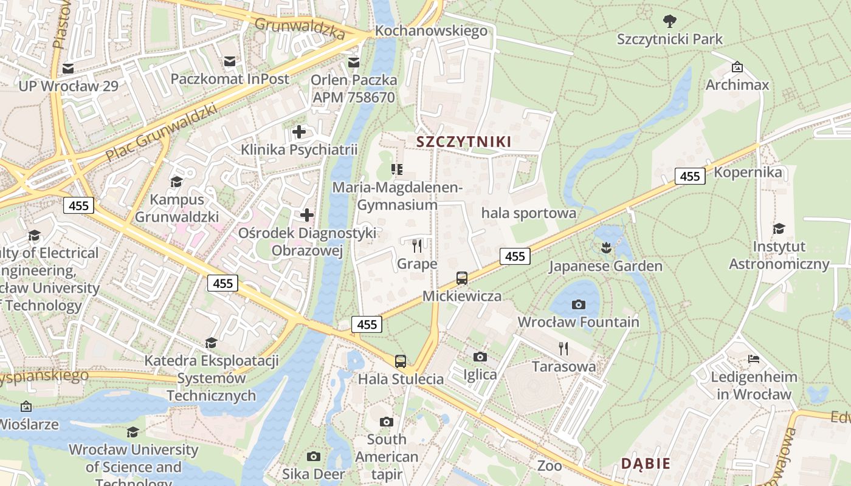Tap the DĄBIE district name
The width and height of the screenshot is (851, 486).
645,464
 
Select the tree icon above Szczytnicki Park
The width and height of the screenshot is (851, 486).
670,22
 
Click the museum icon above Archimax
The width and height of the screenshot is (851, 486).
737,67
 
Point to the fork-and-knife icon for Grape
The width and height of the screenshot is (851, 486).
417,245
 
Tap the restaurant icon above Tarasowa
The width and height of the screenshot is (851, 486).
563,349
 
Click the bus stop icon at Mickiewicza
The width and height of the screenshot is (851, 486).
462,278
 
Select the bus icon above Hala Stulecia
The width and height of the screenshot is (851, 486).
400,361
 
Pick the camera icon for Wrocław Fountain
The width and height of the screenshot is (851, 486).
579,304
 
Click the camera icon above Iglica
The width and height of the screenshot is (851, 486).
480,357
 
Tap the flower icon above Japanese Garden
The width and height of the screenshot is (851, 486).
605,247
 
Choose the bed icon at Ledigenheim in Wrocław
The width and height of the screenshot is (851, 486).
754,358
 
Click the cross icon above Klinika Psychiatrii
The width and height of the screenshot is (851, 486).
299,131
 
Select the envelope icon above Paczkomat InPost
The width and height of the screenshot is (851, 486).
230,61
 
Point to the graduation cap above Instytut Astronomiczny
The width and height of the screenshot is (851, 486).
779,228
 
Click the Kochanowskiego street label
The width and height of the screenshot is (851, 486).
431,30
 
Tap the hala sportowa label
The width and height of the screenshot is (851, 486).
528,213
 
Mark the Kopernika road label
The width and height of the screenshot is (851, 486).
748,172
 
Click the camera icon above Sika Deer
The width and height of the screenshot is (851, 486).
314,456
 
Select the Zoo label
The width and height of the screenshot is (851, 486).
550,466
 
